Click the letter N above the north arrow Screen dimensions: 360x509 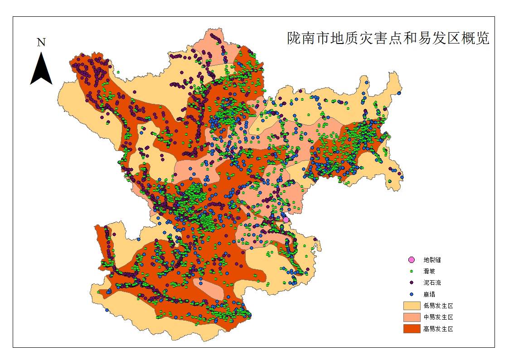[x=41, y=43]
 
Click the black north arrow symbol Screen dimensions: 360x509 [x=41, y=70]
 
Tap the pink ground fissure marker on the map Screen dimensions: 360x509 [x=286, y=220]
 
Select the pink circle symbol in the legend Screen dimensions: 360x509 [x=412, y=260]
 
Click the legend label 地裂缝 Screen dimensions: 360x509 [x=432, y=260]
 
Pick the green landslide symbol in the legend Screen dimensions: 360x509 [x=412, y=271]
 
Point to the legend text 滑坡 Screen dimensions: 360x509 [x=429, y=271]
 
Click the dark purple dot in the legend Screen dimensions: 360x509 [x=412, y=282]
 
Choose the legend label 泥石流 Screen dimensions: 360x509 [x=432, y=282]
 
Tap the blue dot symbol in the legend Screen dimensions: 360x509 [x=412, y=294]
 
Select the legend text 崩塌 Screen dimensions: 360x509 [x=429, y=294]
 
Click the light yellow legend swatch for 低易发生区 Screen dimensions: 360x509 [x=412, y=306]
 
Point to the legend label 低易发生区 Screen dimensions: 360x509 [x=438, y=306]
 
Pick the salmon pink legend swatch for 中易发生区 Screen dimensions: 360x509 [x=412, y=317]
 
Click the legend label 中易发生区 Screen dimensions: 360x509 [x=438, y=317]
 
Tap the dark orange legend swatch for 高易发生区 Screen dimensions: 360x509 [x=412, y=329]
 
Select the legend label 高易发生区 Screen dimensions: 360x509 [x=438, y=329]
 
